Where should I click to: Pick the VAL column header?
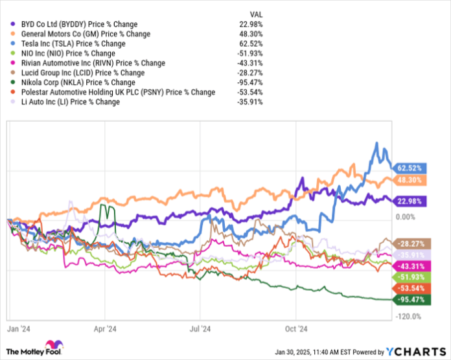pyautogui.click(x=256, y=14)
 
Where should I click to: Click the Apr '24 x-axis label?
pyautogui.click(x=105, y=328)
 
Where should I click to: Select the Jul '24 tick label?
pyautogui.click(x=201, y=328)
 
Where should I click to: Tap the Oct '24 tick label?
pyautogui.click(x=295, y=328)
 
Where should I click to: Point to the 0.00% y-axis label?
pyautogui.click(x=406, y=217)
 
